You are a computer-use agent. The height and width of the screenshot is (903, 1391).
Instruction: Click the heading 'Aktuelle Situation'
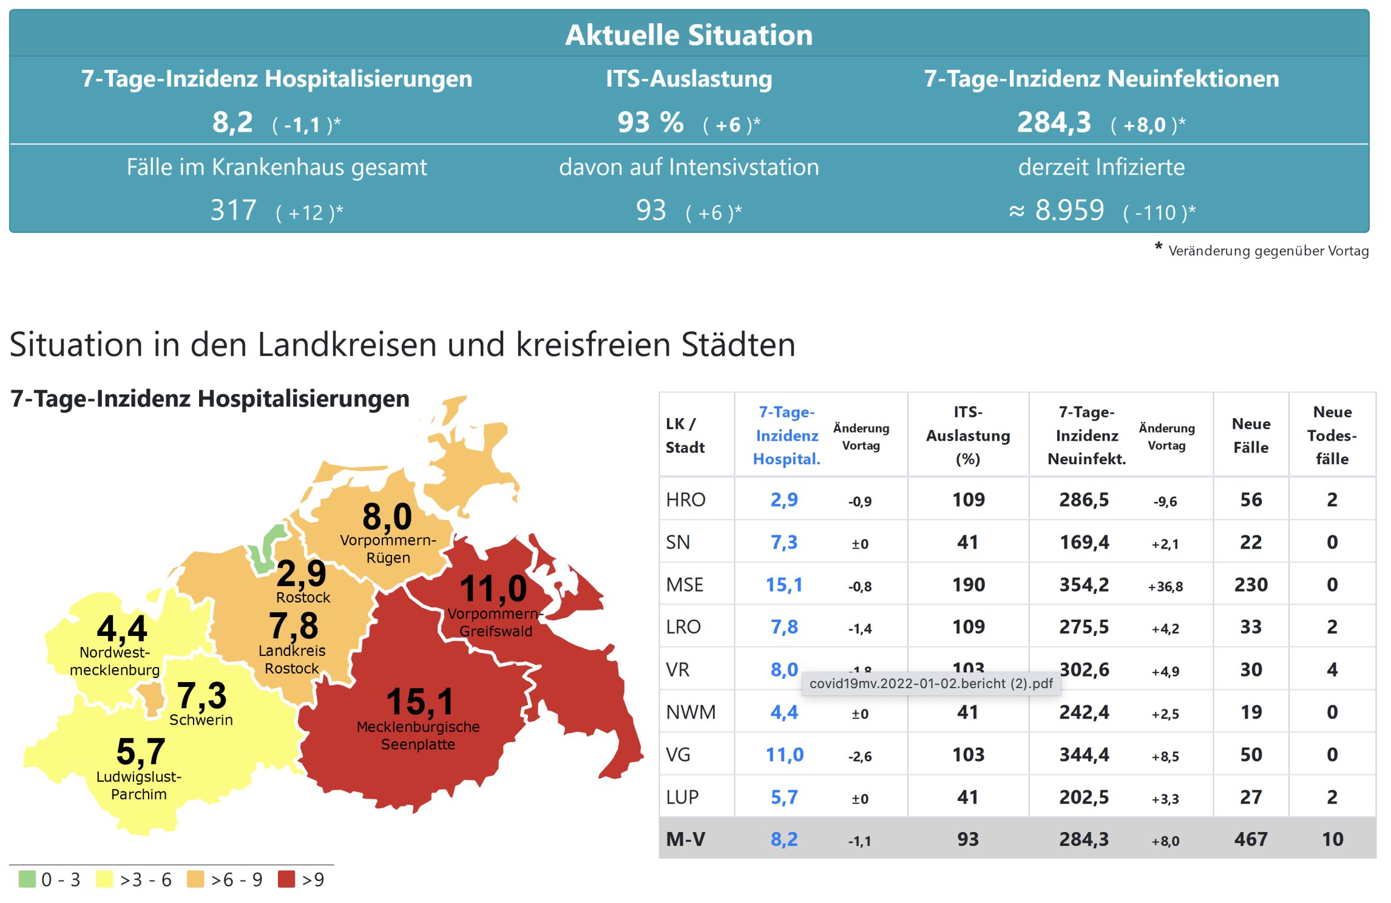tap(689, 35)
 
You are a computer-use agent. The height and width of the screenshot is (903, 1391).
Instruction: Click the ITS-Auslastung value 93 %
tap(650, 123)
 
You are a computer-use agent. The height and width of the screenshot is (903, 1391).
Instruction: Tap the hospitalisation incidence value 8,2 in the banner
tap(232, 123)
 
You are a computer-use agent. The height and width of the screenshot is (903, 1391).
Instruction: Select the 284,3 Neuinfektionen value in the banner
tap(1054, 123)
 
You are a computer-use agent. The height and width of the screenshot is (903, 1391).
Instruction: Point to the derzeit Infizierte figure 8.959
tap(1069, 211)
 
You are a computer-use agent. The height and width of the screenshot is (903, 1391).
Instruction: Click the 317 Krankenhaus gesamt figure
tap(233, 211)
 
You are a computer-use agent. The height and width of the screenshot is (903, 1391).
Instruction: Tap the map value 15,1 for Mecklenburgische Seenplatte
tap(420, 702)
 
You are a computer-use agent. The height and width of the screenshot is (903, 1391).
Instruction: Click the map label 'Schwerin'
tap(201, 720)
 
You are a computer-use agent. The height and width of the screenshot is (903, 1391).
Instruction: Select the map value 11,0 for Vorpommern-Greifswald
tap(493, 589)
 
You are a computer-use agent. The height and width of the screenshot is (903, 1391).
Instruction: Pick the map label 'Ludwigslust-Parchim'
tap(139, 785)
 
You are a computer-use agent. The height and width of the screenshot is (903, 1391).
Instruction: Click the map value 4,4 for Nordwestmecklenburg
tap(122, 629)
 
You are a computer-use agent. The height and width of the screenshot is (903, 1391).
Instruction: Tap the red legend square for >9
tap(286, 879)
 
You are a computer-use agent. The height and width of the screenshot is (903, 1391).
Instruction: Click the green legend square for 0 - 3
tap(27, 879)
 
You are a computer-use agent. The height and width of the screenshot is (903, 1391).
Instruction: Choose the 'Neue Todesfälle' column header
tap(1332, 435)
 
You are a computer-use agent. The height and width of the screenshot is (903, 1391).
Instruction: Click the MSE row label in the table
tap(685, 584)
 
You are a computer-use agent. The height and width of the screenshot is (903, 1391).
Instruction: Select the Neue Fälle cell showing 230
tap(1250, 584)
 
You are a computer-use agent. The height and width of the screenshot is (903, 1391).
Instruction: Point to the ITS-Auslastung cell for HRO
tap(968, 499)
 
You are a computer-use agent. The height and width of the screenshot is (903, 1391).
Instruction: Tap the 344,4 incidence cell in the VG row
tap(1084, 754)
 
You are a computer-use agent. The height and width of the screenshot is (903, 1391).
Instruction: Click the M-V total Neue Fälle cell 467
tap(1250, 839)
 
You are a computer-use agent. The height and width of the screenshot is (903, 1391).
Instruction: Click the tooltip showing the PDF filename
tap(931, 683)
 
